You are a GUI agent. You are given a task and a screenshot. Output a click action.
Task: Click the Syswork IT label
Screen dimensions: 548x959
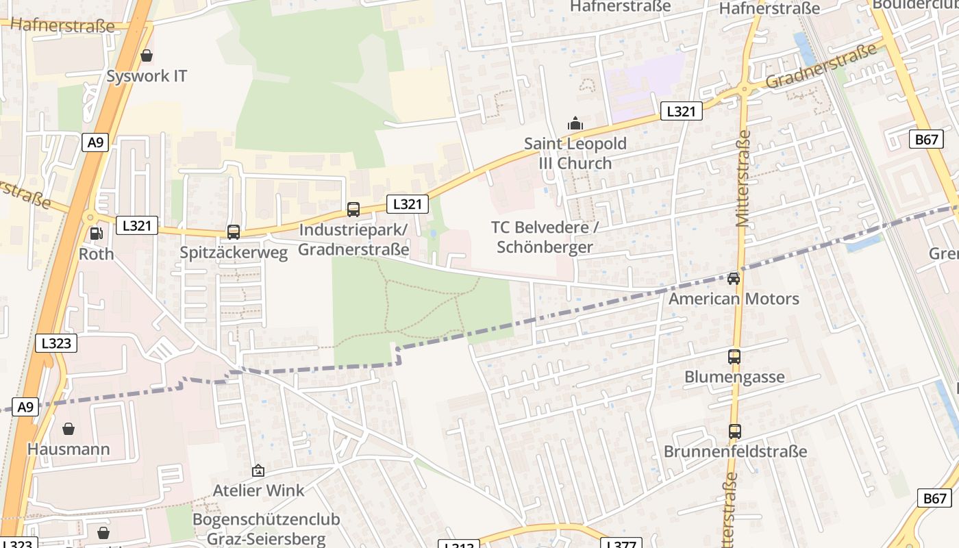coord(147,75)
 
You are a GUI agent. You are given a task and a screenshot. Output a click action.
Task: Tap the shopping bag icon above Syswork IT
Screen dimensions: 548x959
coord(146,55)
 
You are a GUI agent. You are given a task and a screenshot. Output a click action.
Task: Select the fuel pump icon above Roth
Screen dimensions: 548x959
coord(97,234)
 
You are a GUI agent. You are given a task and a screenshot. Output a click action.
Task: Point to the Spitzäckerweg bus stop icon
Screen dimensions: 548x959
coord(234,232)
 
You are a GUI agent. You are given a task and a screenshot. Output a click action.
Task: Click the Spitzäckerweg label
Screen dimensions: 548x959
coord(234,252)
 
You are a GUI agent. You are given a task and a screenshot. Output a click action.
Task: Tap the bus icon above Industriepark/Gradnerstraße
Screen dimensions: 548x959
coord(353,210)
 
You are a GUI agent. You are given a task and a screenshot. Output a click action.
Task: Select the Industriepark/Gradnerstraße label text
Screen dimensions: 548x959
coord(353,239)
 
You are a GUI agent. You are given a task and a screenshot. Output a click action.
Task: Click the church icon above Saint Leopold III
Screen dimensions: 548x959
coord(575,123)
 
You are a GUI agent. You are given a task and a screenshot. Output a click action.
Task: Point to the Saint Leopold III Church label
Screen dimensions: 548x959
coord(575,153)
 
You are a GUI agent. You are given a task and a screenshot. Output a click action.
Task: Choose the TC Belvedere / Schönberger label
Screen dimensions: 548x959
coord(545,236)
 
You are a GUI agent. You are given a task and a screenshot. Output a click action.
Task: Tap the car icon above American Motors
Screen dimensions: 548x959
coord(734,278)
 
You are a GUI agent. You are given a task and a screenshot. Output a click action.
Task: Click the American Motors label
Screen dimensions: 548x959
coord(734,299)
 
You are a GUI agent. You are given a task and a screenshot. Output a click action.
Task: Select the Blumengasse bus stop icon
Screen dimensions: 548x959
coord(734,357)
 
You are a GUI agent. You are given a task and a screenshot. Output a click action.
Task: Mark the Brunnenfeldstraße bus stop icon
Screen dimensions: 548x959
coord(735,432)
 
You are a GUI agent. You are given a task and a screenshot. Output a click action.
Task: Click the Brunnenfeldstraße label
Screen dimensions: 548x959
coord(735,451)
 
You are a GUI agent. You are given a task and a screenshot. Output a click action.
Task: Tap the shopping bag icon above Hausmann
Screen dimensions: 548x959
coord(68,429)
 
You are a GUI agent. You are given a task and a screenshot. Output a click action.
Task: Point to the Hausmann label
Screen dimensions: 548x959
coord(68,449)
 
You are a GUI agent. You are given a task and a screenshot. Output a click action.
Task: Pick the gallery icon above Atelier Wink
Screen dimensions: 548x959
coord(258,471)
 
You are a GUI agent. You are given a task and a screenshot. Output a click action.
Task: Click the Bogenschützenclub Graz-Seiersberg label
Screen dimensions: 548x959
coord(266,528)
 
